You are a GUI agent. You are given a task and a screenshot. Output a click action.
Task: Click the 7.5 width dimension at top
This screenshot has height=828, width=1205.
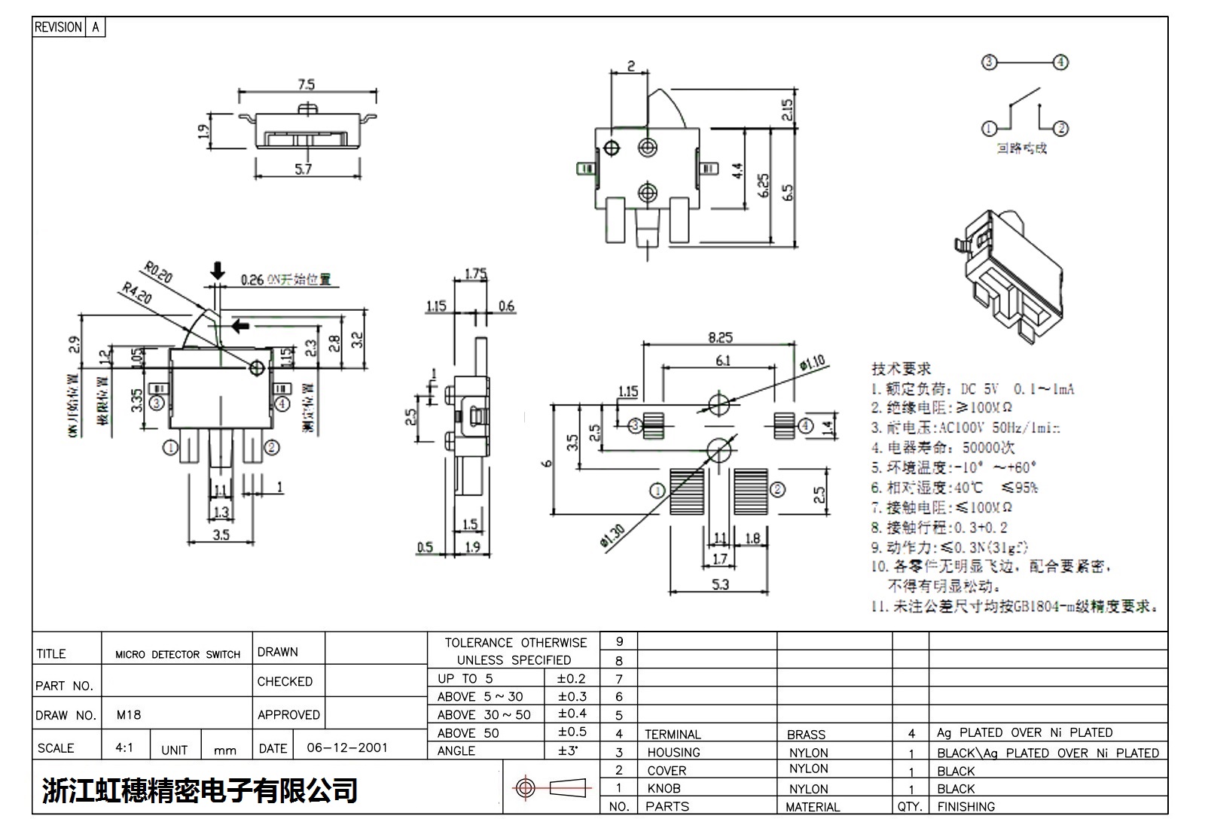coord(307,84)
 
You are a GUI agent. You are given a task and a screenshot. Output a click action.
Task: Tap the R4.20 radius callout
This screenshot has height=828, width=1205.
coord(136,293)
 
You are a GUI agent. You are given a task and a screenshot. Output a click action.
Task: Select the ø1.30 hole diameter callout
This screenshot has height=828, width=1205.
coord(613,536)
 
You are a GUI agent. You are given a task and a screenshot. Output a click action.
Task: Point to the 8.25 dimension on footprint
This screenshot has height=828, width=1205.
coord(720,337)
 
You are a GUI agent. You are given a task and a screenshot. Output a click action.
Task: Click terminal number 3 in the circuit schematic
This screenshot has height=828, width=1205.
coord(990,62)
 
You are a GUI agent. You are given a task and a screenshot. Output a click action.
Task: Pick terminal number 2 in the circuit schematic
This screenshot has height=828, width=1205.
coord(1060,129)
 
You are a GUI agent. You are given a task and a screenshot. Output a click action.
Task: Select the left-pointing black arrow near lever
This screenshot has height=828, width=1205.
coord(240,326)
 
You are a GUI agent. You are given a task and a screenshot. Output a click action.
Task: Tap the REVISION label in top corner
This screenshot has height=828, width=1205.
coord(58,27)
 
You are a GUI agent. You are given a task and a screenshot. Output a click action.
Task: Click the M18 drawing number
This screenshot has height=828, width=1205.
coord(129,715)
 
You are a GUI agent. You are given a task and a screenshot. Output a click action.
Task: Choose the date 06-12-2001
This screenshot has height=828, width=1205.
coord(347,748)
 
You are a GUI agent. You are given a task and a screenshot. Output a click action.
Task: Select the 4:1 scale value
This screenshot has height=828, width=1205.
coord(124,748)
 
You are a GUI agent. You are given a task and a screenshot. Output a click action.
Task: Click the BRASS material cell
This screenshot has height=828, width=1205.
coord(806,735)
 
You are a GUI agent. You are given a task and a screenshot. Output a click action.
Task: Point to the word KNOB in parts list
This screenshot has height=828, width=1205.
coord(664,789)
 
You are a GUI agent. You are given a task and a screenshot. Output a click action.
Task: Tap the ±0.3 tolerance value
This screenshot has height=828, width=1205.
coord(572,696)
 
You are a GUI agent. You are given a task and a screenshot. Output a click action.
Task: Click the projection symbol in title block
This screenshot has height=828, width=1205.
coord(549,788)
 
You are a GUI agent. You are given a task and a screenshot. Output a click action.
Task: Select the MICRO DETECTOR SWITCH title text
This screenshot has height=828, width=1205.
coord(178,655)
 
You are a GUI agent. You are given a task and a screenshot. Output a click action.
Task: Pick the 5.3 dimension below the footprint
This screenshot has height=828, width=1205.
coord(720,584)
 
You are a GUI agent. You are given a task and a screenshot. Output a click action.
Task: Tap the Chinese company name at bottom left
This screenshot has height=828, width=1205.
coord(200,790)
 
